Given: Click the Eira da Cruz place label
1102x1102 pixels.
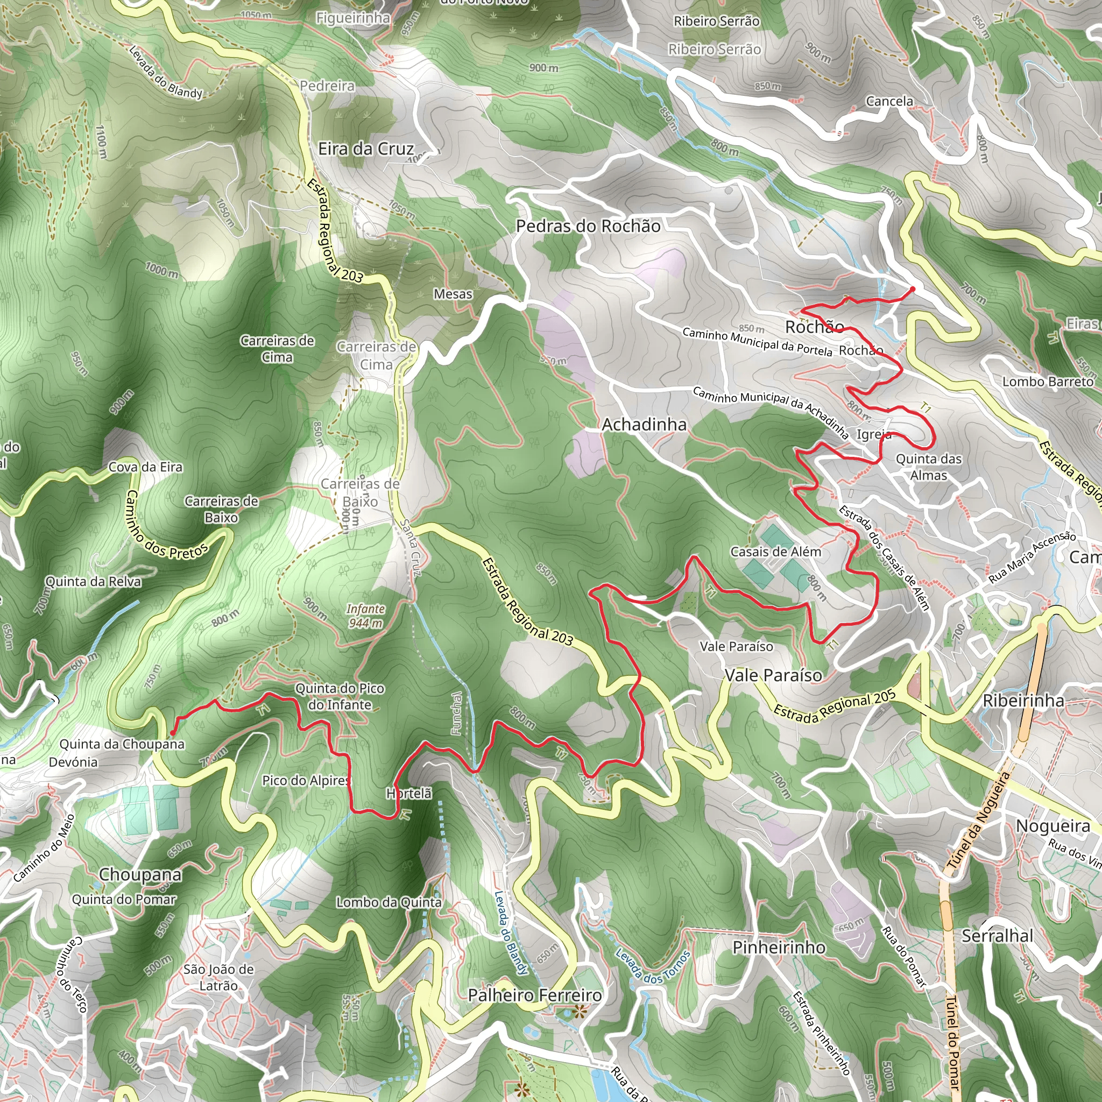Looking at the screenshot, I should coord(365,149).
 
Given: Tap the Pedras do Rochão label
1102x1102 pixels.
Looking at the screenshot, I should coord(588,226).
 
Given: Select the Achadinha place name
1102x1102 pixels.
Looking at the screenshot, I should coord(644,425).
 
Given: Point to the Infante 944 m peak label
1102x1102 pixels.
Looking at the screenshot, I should coord(365,616).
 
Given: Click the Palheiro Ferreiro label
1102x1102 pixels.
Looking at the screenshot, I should coord(534,995).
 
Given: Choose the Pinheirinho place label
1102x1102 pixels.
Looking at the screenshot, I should coord(779,948).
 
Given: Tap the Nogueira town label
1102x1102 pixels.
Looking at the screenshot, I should coord(1053,826).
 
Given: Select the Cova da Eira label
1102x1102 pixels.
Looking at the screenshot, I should coord(145,467).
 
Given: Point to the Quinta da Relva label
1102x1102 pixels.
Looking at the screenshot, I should coord(93,582).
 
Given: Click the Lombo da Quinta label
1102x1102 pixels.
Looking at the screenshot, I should coord(388,902).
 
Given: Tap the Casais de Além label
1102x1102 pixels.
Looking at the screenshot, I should coord(776,552).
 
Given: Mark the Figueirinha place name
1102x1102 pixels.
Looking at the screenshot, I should coord(353,18).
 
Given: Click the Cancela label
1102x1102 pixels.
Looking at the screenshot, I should coord(889,102).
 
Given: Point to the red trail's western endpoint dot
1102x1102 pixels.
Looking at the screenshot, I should coord(172,733).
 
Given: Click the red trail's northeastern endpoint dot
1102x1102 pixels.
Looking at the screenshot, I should coord(912,289).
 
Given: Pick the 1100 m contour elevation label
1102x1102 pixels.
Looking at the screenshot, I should coord(101,143).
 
